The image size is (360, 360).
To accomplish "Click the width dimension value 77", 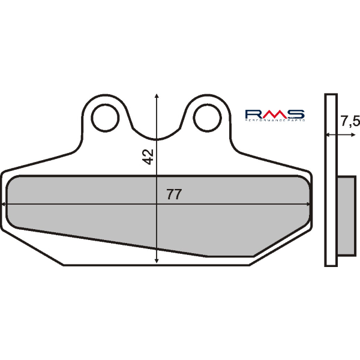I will [174, 194].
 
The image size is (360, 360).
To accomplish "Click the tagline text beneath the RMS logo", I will [275, 121].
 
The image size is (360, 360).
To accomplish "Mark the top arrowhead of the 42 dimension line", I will [157, 97].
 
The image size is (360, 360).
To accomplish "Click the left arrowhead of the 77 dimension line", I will [5, 204].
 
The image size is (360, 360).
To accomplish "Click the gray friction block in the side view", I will [346, 214].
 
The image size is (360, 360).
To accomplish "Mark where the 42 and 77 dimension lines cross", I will [157, 204].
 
